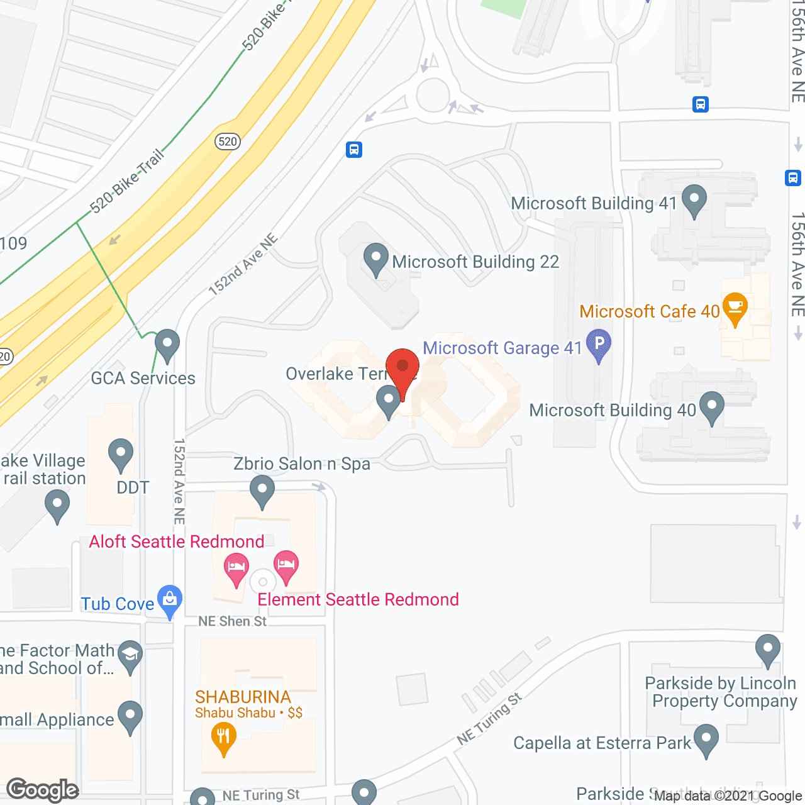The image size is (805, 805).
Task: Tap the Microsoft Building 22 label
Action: pos(475,262)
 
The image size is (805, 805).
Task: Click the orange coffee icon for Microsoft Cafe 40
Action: pos(734,308)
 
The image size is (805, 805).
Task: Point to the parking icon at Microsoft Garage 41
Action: pos(599,344)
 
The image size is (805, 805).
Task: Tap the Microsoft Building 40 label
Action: pos(613,411)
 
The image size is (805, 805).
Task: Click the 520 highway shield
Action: pos(227,142)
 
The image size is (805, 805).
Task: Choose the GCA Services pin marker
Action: pos(167,345)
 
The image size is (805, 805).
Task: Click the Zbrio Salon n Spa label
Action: pos(302,464)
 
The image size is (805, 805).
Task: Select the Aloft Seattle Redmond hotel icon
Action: pos(236,569)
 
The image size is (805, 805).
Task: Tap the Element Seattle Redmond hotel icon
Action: pos(286,565)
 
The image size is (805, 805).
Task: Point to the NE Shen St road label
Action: pos(233,621)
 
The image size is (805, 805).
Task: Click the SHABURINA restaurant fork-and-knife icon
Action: pos(223,736)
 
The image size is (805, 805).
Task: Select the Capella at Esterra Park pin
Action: pos(706,740)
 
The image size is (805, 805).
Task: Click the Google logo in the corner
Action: pos(43,790)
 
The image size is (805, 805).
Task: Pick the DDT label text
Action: pos(133,487)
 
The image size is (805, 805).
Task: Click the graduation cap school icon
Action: pos(130,655)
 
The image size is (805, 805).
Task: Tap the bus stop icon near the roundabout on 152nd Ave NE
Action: pos(354,150)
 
